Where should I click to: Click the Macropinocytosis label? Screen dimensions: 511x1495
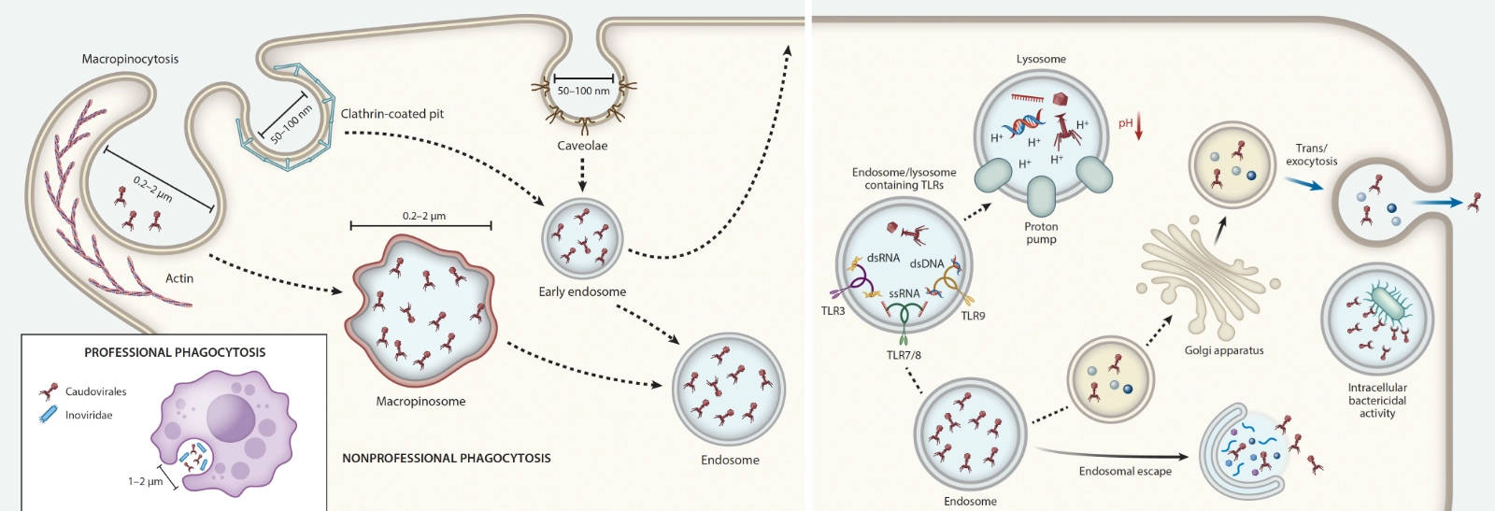pyautogui.click(x=130, y=59)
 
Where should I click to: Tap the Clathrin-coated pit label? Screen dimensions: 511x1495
pyautogui.click(x=392, y=114)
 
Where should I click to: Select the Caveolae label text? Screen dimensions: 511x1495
pyautogui.click(x=582, y=146)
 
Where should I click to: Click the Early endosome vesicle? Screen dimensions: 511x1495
pyautogui.click(x=582, y=238)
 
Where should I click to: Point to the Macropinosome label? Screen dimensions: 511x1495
pyautogui.click(x=420, y=402)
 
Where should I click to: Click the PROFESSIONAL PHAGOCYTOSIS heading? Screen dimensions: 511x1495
pyautogui.click(x=175, y=352)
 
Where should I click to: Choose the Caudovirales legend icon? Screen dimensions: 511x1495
pyautogui.click(x=49, y=391)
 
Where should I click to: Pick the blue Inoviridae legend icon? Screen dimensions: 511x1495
pyautogui.click(x=48, y=415)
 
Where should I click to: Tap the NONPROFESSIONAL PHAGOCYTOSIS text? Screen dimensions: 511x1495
pyautogui.click(x=446, y=458)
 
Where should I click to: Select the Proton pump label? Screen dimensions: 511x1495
pyautogui.click(x=1041, y=233)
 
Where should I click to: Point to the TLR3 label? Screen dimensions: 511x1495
pyautogui.click(x=833, y=311)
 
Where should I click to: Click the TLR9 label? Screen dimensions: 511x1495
pyautogui.click(x=973, y=316)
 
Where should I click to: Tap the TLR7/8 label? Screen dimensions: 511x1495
pyautogui.click(x=904, y=355)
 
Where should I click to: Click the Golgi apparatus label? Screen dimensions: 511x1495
pyautogui.click(x=1224, y=350)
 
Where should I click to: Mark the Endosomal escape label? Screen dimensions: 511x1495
pyautogui.click(x=1125, y=471)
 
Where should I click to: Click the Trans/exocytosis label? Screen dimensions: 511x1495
pyautogui.click(x=1311, y=154)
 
